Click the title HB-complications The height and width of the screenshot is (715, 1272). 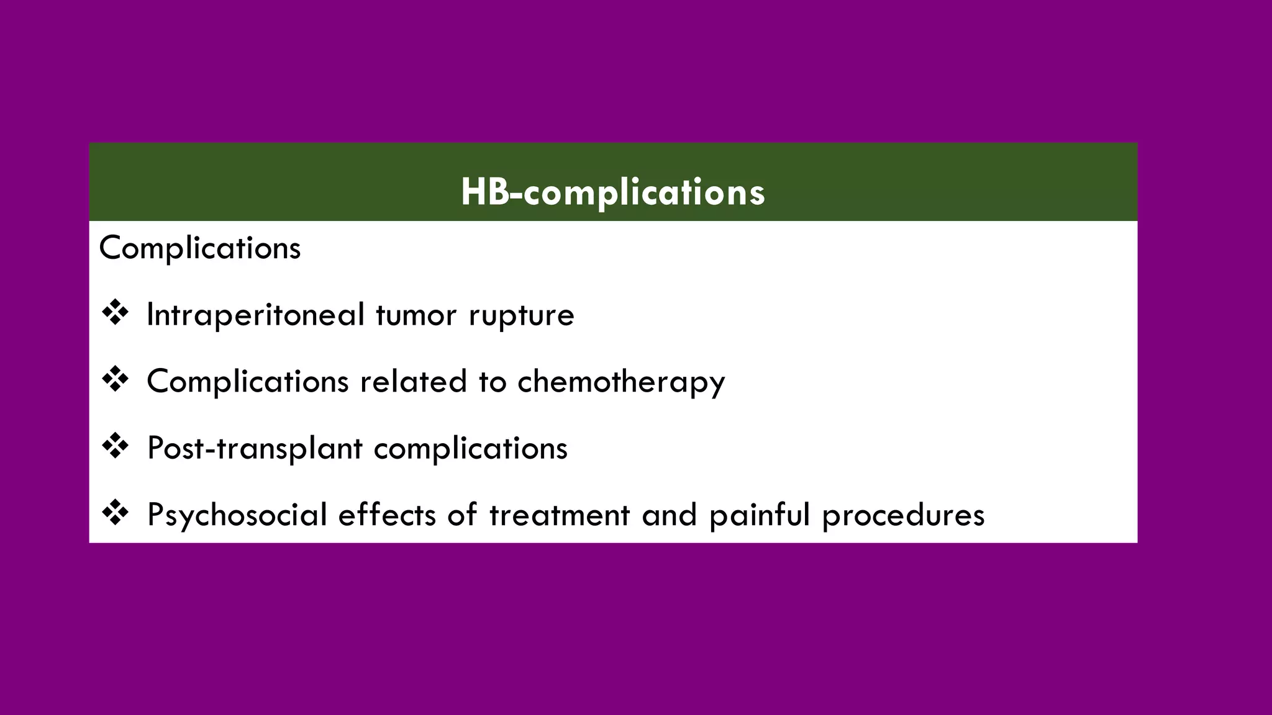pos(612,192)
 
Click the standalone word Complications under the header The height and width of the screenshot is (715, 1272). pos(199,248)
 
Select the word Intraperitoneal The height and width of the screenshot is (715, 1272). pos(255,315)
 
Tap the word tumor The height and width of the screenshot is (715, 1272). pos(416,315)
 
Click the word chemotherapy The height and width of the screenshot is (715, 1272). pos(621,382)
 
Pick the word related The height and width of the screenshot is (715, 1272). pos(413,381)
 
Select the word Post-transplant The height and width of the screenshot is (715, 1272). pos(255,448)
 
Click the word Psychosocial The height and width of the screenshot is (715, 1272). pos(237,515)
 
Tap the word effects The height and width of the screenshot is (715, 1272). pos(387,515)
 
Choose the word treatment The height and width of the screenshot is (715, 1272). pos(560,515)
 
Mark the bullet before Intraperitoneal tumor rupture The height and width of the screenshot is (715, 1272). pos(114,313)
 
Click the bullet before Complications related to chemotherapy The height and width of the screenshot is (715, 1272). pos(114,380)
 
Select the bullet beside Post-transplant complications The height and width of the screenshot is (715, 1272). pos(114,447)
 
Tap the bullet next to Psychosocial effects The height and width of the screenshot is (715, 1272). pos(114,514)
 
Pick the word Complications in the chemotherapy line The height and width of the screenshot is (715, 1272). pos(248,381)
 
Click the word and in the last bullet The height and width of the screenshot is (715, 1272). pos(669,515)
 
